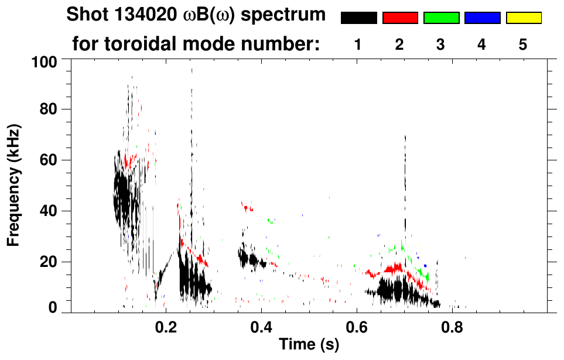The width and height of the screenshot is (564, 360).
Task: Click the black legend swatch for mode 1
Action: coord(358,18)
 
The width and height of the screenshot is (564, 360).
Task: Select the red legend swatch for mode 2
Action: coord(400,18)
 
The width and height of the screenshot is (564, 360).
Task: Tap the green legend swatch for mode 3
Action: coord(441,18)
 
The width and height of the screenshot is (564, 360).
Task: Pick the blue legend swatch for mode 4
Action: coord(482,18)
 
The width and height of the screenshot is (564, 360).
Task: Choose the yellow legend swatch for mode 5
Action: coord(523,18)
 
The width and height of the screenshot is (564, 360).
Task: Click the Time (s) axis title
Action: coord(308,345)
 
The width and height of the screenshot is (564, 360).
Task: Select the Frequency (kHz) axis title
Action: coord(14,184)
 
